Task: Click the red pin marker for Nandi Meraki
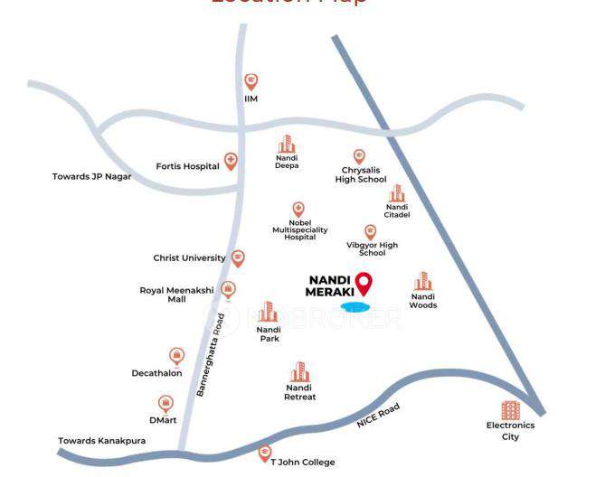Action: pos(364,284)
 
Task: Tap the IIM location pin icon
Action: pos(251,81)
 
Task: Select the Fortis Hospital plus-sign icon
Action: pos(231,162)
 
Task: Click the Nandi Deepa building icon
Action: pos(287,145)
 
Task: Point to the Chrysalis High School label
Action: pos(360,174)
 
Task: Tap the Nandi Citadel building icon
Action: pos(397,193)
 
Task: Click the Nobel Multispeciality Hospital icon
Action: pos(298,209)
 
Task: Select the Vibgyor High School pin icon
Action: pos(370,232)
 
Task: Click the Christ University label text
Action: pos(189,258)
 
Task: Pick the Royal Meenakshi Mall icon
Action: pos(229,290)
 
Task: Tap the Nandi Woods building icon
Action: pos(422,281)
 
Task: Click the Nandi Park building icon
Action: pos(268,313)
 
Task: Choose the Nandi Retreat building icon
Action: pos(299,371)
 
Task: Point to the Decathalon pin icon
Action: pos(176,357)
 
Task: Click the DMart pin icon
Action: pos(165,404)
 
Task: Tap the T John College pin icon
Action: pos(265,453)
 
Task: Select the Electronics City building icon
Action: pos(511,410)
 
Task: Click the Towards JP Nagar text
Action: pos(91,177)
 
